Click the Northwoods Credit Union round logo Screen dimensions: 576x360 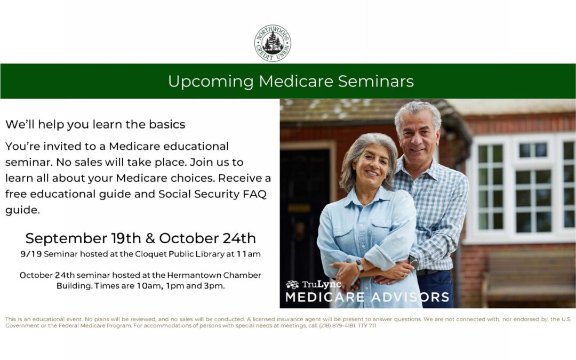point(273,43)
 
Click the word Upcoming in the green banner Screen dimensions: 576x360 point(211,82)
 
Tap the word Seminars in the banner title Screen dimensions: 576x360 point(376,81)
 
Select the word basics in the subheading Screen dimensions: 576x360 point(167,124)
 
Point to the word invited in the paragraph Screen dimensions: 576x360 point(62,146)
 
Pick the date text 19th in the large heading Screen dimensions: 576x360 point(126,238)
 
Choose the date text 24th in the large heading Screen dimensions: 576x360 point(239,238)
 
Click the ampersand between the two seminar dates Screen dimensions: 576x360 point(150,238)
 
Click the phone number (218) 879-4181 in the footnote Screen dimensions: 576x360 point(337,325)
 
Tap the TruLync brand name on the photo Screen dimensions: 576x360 point(321,284)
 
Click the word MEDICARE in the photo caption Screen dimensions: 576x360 point(325,297)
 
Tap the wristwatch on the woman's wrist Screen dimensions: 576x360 point(359,266)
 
